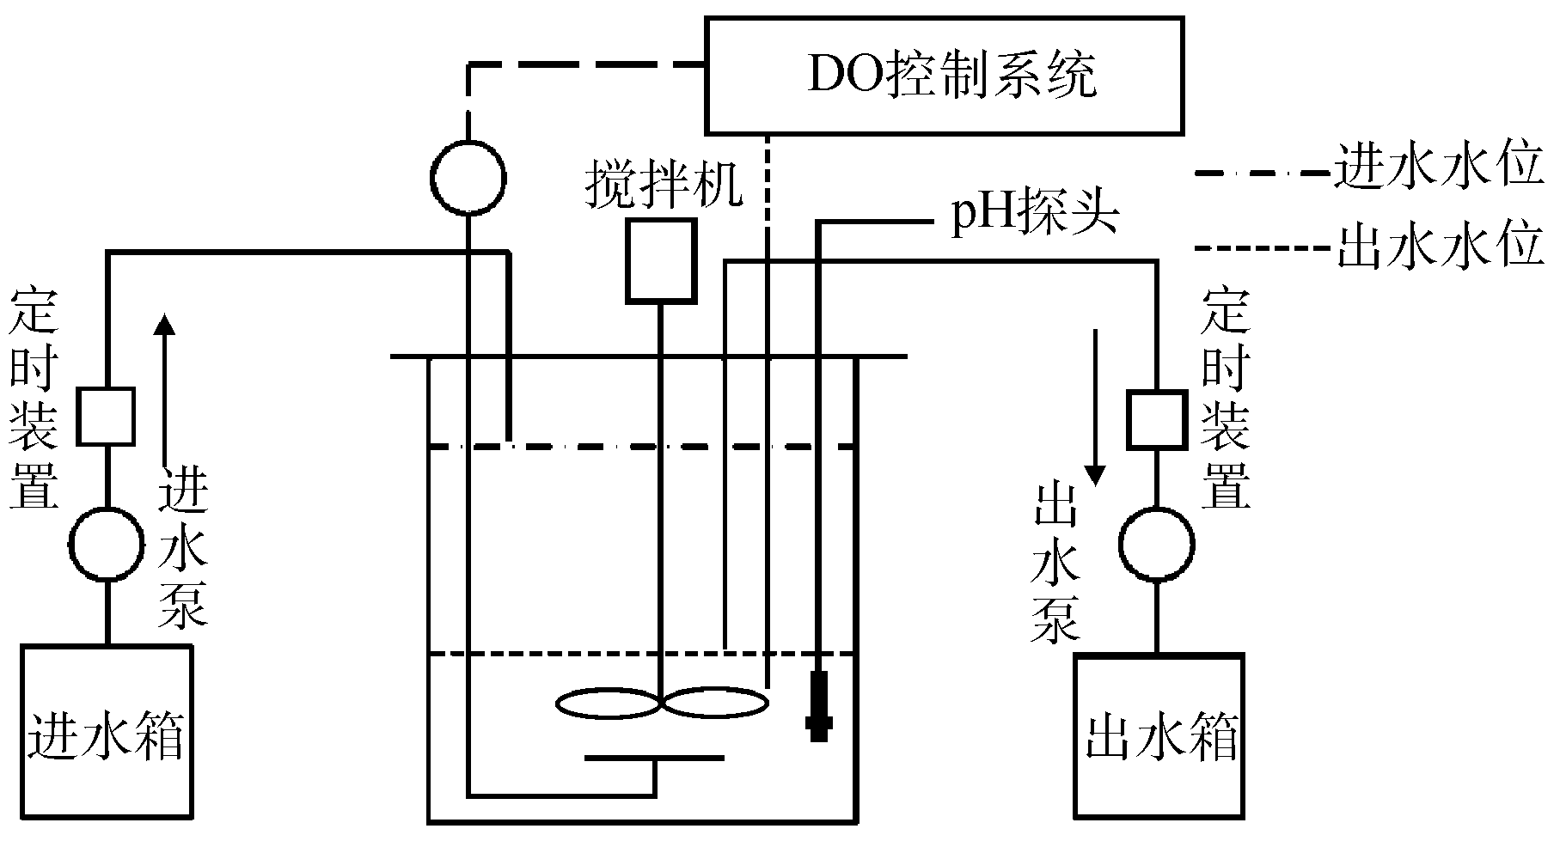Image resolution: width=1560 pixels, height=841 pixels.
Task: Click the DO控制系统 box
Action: [944, 76]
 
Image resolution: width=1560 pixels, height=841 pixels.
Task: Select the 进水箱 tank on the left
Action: [107, 730]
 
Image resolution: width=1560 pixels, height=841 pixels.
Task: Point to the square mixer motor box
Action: [660, 261]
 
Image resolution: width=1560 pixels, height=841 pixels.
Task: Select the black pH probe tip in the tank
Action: [819, 704]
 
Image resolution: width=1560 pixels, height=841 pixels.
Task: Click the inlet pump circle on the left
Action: [107, 544]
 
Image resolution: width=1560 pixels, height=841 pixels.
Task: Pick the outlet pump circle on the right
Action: [1156, 544]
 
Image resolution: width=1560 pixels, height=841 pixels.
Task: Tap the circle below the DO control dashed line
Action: [468, 179]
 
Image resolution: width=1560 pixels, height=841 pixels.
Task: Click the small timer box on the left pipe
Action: [107, 417]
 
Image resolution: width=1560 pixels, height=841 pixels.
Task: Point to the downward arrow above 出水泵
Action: [1095, 404]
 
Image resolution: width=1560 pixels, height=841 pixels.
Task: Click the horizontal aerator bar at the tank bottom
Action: [654, 758]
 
